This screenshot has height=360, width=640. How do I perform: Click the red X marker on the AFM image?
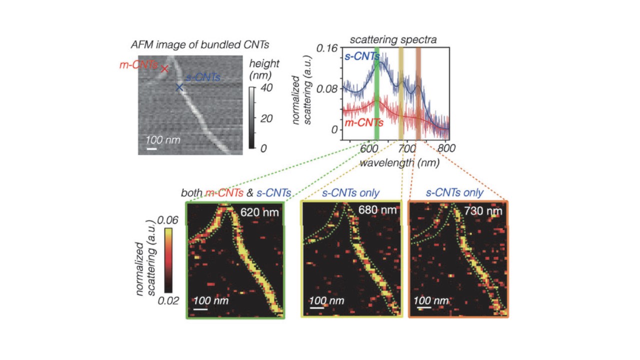click(x=164, y=69)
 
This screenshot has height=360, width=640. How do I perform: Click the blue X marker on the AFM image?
click(x=179, y=87)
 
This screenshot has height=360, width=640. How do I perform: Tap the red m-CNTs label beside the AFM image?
click(x=138, y=65)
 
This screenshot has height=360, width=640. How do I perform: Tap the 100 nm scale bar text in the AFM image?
click(x=162, y=139)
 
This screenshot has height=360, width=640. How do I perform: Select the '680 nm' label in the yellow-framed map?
click(x=377, y=210)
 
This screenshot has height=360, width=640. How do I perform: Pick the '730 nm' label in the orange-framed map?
click(x=484, y=211)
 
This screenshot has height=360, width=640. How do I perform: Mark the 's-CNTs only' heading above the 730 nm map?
click(x=454, y=192)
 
